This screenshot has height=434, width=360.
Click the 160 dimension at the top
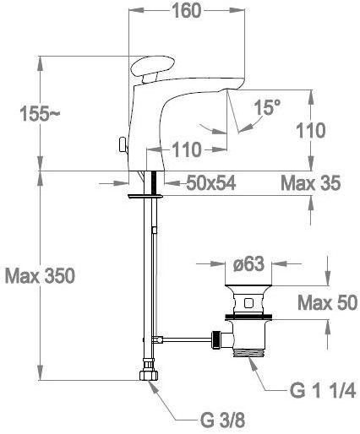tap(187, 11)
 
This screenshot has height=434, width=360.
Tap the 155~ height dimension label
tap(40, 114)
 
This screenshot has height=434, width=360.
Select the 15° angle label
tap(267, 107)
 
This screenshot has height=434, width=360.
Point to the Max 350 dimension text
tap(40, 275)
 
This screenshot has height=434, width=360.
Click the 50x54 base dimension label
tap(211, 183)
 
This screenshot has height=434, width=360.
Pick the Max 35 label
tap(311, 183)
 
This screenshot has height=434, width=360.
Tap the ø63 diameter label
tap(249, 263)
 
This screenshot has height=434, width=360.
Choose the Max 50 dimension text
tap(328, 303)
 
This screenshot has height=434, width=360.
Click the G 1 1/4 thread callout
tap(323, 391)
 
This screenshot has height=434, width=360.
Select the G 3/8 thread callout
tap(222, 420)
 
